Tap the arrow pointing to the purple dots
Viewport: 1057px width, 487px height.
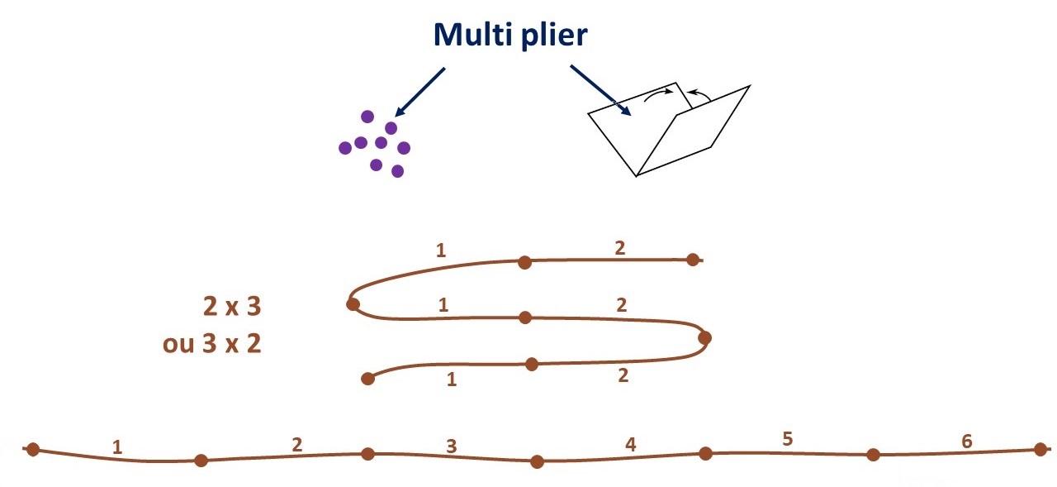click(x=421, y=92)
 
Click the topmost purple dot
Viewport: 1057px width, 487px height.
click(x=367, y=117)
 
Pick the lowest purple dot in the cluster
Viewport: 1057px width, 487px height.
click(x=397, y=171)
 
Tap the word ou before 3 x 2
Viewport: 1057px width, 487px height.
click(x=178, y=343)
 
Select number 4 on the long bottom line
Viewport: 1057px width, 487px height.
click(x=631, y=444)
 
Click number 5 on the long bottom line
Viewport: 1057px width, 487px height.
click(x=787, y=438)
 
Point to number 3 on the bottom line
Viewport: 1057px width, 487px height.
click(x=451, y=446)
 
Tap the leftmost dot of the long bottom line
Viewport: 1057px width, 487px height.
click(x=33, y=450)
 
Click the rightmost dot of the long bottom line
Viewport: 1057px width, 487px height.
click(x=1040, y=450)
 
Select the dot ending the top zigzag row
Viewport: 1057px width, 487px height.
click(x=693, y=260)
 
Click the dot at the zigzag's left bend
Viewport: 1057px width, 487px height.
click(x=353, y=304)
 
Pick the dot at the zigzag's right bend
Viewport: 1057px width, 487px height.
click(x=704, y=337)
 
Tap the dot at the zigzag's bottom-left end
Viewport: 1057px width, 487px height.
click(x=368, y=379)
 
